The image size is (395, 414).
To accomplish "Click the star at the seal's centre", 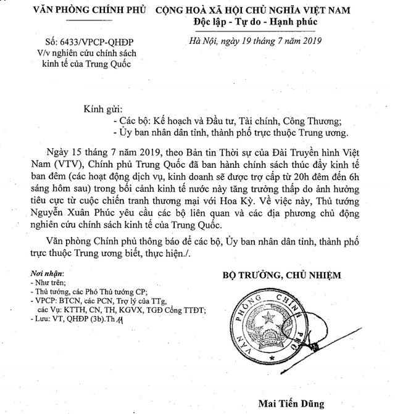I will [x=269, y=318].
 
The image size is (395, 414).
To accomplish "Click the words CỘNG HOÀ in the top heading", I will [x=178, y=10].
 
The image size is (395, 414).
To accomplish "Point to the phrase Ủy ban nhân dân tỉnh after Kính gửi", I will [x=164, y=133].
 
